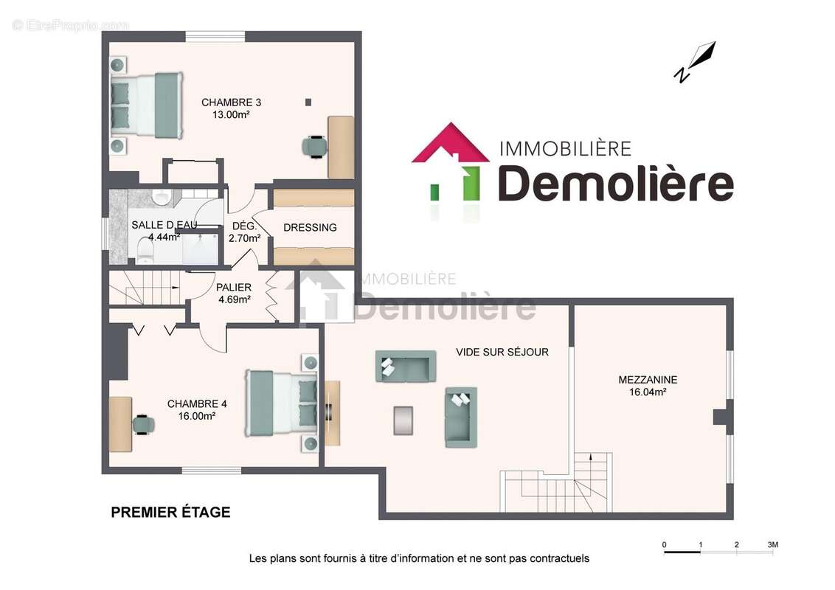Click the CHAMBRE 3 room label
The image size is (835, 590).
(231, 103)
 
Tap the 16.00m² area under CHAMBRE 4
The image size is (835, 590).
(196, 416)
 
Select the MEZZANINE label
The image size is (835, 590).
(647, 380)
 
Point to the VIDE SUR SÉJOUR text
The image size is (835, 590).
(502, 353)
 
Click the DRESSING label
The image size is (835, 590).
(310, 228)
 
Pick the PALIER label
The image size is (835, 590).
(234, 287)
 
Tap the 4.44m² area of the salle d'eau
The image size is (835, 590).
(163, 237)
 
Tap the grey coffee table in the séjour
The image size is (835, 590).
(403, 420)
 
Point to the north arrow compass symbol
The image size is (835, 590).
(696, 63)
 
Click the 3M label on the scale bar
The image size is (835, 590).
(772, 545)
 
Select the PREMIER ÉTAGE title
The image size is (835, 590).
(170, 513)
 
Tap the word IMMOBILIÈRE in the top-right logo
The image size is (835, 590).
(565, 148)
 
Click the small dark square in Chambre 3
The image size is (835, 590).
(308, 102)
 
